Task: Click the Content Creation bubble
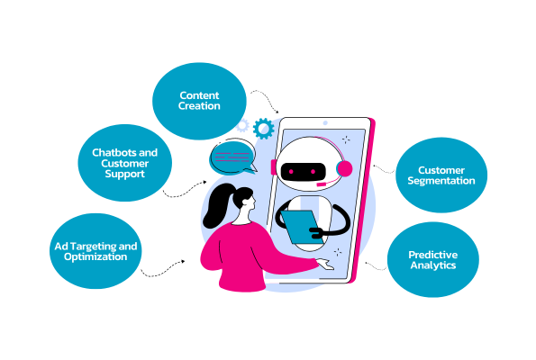coord(199,101)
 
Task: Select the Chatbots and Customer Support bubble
coord(125,163)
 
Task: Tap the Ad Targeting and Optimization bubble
coord(95,251)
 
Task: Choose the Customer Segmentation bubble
coord(441,175)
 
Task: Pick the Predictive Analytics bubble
coord(433,259)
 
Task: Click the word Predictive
coord(433,255)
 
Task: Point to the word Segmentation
coord(441,181)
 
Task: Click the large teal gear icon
coord(264,129)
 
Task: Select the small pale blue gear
coord(242,126)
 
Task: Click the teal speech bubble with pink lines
coord(233,158)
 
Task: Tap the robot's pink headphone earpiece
coord(344,168)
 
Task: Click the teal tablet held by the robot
coord(301,227)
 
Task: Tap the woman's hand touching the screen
coord(324,264)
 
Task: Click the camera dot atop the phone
coord(325,123)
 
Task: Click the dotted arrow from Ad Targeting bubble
coord(163,270)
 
